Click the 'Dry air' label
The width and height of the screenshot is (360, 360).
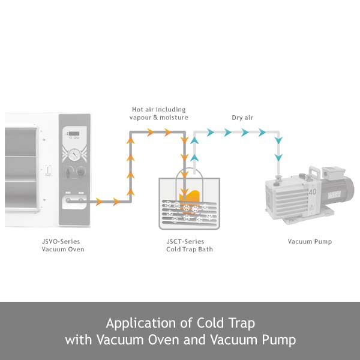[242, 118]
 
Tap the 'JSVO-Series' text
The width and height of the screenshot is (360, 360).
[61, 242]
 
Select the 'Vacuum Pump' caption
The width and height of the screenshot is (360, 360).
[310, 242]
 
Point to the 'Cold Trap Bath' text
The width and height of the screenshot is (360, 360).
[190, 250]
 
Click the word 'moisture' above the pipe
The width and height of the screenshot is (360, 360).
[174, 118]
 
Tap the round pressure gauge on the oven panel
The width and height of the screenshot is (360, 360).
[74, 154]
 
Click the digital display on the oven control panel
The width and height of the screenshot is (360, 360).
[74, 134]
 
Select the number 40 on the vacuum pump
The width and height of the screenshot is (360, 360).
[312, 192]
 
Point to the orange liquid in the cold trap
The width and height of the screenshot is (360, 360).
[190, 197]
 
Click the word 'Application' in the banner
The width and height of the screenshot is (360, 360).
[141, 323]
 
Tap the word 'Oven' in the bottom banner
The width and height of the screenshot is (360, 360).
[163, 340]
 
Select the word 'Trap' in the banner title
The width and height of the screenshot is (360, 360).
[242, 323]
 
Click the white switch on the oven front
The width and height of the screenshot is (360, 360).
[48, 170]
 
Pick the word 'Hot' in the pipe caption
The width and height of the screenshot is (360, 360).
[137, 110]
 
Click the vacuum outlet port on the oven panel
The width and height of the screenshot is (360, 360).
[68, 200]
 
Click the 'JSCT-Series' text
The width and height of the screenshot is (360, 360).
[185, 242]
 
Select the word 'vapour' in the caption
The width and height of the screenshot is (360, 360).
[140, 118]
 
